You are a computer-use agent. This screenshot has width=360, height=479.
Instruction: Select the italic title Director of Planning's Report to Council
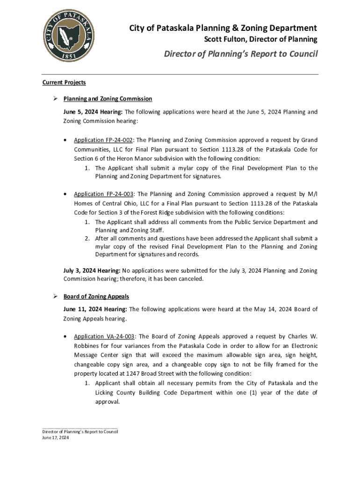[240, 54]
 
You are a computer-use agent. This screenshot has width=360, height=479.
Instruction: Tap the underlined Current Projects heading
[64, 82]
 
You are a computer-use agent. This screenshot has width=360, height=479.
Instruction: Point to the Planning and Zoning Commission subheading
[108, 99]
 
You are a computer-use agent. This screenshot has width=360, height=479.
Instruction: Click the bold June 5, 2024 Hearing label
[93, 112]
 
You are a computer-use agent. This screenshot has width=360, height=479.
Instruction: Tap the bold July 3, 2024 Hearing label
[92, 270]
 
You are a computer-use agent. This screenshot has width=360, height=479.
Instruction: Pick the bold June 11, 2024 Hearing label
[95, 309]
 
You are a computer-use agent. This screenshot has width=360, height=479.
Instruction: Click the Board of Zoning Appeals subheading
[96, 297]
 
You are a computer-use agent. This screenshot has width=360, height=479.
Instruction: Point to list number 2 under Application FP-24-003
[87, 238]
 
